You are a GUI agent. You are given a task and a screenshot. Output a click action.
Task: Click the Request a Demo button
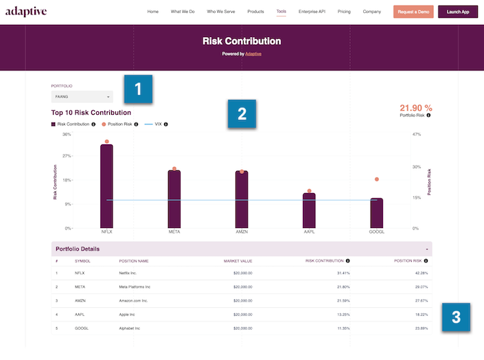point(413,12)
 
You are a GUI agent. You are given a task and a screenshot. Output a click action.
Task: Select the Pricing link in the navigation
point(344,12)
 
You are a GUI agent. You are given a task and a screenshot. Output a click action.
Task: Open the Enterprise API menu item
point(312,12)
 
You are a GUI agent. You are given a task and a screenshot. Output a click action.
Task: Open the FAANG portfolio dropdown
point(77,97)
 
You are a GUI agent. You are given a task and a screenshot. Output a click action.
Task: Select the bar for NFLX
point(106,185)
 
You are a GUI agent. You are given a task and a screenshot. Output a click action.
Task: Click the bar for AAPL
point(309,210)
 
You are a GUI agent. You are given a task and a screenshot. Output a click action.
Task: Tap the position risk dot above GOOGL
point(376,179)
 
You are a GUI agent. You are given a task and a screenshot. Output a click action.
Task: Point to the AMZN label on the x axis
point(242,233)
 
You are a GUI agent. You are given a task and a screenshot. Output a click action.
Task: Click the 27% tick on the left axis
point(67,156)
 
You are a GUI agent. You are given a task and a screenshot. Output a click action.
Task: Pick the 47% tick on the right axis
point(416,135)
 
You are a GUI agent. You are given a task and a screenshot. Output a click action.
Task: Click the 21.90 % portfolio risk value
point(415,108)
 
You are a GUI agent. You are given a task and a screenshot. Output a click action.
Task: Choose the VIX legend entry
point(157,124)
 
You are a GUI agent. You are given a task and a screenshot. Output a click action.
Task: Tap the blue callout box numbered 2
point(242,114)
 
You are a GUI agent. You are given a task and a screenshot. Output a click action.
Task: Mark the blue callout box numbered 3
point(455,317)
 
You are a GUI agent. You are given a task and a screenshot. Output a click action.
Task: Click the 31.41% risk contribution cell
point(338,273)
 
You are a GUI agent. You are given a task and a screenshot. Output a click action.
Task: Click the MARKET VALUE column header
point(239,261)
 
